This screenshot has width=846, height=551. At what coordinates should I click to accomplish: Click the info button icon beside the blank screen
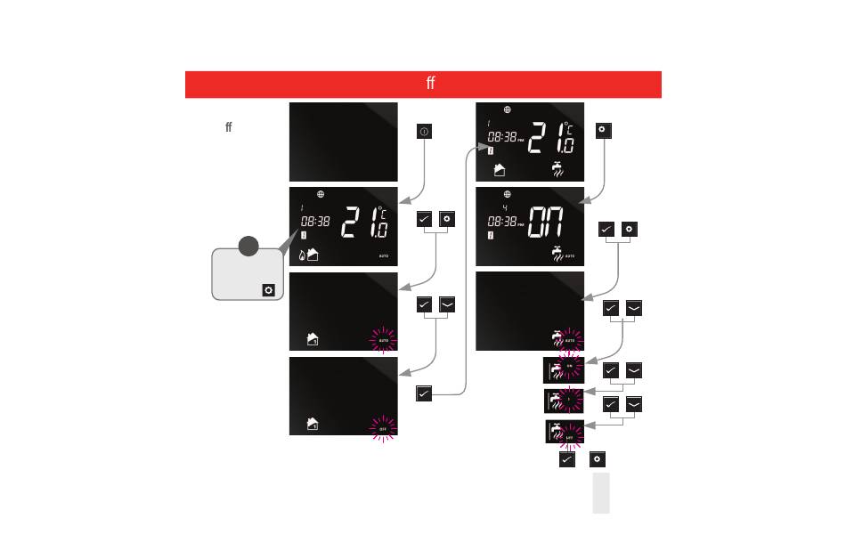[424, 132]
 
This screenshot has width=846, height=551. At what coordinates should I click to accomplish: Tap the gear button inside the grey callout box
[268, 290]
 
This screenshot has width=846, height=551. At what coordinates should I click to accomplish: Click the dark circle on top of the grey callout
[250, 246]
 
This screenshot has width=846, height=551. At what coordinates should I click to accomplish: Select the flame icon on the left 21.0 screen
[302, 256]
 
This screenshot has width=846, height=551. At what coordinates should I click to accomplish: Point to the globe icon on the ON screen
[508, 194]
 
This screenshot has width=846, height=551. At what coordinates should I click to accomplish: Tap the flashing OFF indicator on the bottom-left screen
[383, 429]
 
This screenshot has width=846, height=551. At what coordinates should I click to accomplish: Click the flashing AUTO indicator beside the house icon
[384, 340]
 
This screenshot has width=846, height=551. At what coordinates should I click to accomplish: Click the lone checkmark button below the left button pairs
[424, 393]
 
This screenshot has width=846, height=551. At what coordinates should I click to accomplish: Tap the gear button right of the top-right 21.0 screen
[602, 130]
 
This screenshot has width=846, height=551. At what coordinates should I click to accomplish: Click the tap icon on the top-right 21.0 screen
[559, 169]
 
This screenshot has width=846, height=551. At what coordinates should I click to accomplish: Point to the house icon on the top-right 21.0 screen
[500, 170]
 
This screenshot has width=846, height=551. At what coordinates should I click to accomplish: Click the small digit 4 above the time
[505, 208]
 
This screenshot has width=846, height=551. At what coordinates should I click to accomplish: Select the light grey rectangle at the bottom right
[601, 493]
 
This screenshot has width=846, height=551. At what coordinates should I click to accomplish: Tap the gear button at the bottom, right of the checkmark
[598, 459]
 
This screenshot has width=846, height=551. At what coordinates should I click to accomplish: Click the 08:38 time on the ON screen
[502, 222]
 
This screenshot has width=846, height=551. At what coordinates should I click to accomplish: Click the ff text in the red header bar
[430, 84]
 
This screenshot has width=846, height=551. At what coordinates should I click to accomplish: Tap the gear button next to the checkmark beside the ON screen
[630, 230]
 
